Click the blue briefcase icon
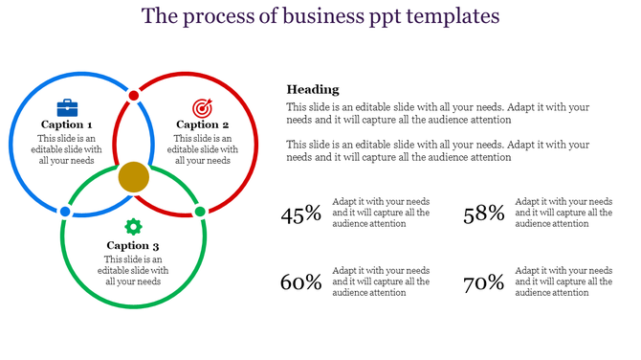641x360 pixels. [67, 107]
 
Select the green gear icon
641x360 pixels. [134, 226]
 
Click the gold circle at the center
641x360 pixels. [134, 177]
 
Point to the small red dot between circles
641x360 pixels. [134, 96]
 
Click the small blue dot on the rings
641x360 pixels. [65, 211]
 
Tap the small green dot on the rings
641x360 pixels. [200, 211]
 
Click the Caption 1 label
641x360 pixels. [67, 124]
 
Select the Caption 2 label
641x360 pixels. [203, 124]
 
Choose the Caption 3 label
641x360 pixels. [134, 246]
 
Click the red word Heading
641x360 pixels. [313, 89]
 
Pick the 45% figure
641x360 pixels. [300, 214]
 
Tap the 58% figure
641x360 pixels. [483, 214]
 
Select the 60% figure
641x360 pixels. [300, 282]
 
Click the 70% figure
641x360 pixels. [483, 282]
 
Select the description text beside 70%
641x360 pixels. [564, 281]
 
